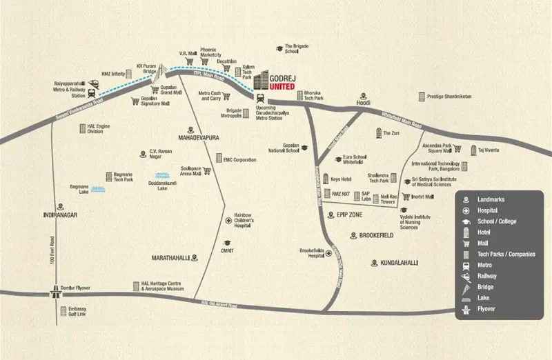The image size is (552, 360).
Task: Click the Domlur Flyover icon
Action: coord(54,292)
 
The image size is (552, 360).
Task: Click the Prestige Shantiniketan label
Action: coord(449,97)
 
